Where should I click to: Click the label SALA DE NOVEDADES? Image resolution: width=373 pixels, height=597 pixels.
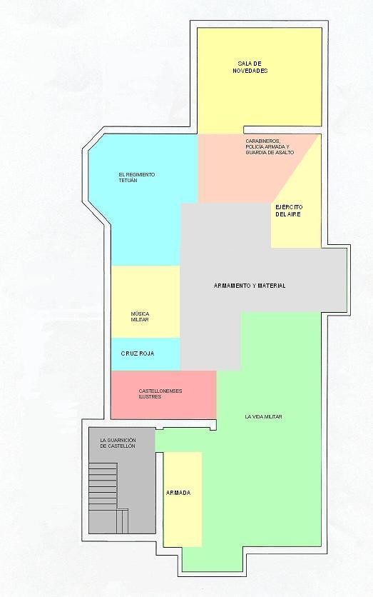click(250, 67)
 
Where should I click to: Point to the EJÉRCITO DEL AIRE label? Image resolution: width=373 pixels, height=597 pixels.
click(289, 211)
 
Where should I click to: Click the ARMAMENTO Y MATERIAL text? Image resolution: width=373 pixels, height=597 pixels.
click(250, 286)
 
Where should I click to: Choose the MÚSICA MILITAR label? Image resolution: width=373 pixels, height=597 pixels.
click(140, 317)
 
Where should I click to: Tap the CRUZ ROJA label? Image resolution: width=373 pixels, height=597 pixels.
click(137, 353)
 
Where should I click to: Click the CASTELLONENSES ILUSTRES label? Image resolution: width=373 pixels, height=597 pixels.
click(160, 393)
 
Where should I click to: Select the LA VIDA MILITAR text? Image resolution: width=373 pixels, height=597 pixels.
click(263, 416)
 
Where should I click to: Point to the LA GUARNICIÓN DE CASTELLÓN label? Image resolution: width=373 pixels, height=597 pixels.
click(118, 443)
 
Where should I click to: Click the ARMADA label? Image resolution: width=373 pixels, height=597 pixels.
click(178, 493)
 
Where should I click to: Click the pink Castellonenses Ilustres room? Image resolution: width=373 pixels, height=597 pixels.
click(163, 394)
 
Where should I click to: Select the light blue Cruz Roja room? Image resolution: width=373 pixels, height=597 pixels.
click(145, 353)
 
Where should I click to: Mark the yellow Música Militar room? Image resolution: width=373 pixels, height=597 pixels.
click(145, 301)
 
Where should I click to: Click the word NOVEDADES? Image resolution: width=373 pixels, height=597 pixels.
click(250, 71)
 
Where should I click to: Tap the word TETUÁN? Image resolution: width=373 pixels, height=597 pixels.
click(128, 181)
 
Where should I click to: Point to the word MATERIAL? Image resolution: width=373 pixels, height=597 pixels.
click(272, 286)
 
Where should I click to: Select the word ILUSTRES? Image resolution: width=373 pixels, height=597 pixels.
click(150, 397)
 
